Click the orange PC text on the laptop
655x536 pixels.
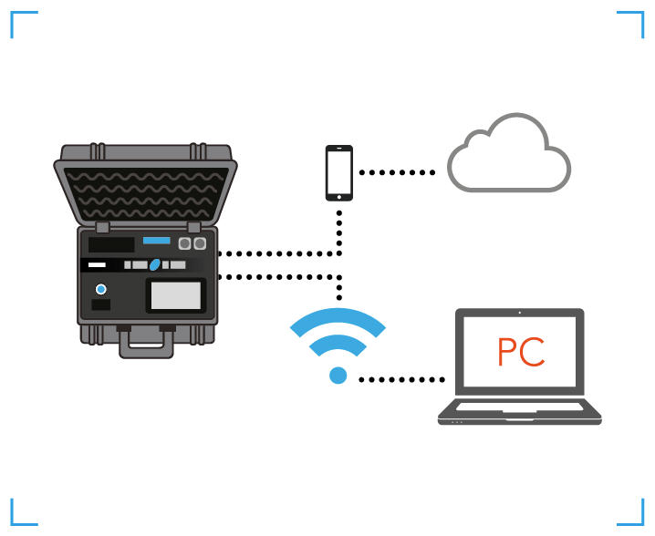pos(521,352)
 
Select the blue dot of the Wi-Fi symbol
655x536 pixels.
pos(338,375)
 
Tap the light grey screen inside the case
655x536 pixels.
pos(175,295)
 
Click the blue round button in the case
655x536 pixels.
pos(101,289)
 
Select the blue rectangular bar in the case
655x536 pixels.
pos(157,241)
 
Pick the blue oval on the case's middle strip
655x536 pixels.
pos(155,265)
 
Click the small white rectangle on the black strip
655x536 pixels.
pos(97,265)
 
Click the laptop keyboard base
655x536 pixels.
pos(519,412)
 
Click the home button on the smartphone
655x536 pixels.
pos(339,195)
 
